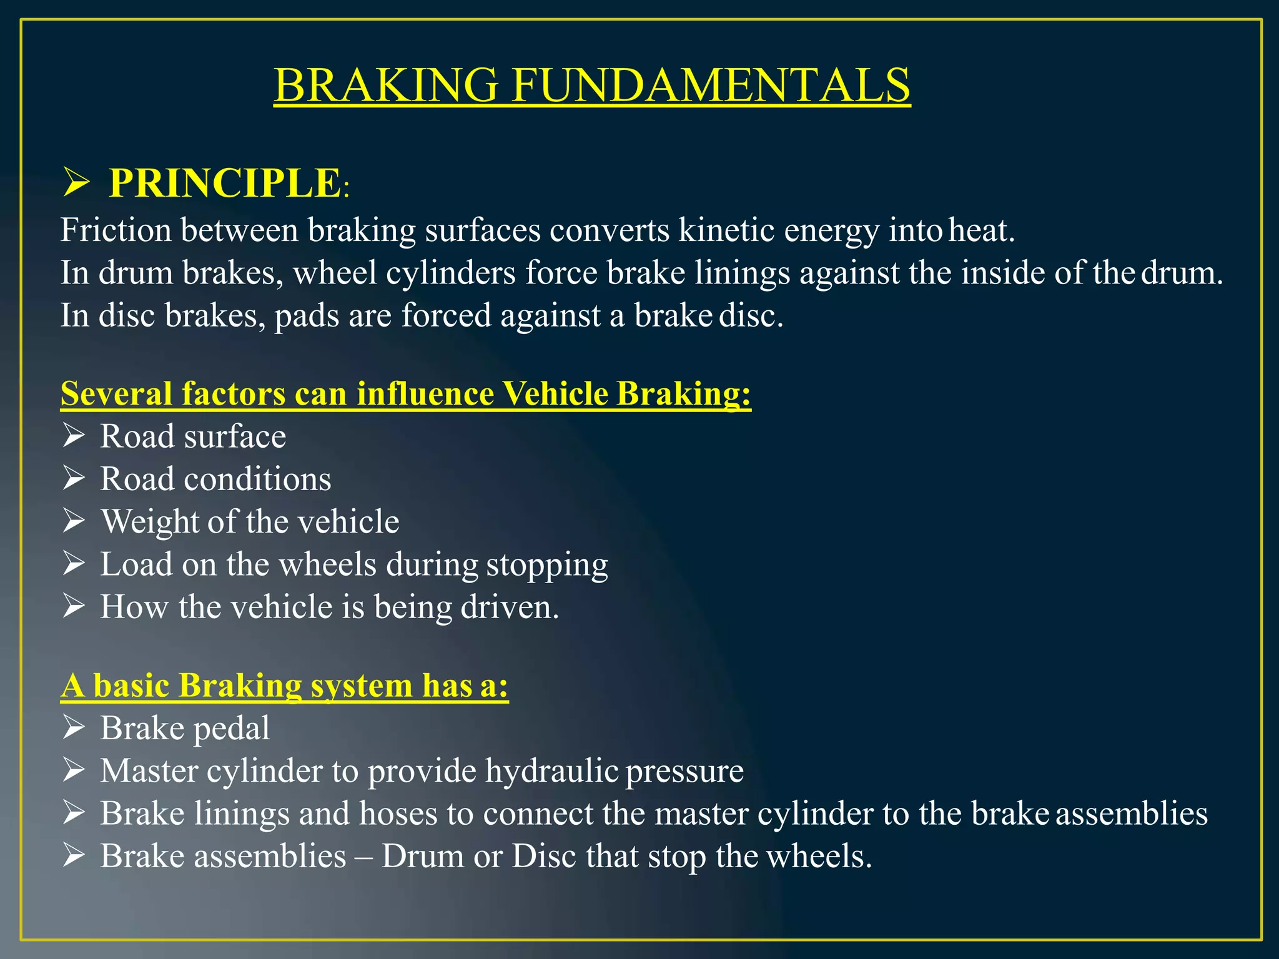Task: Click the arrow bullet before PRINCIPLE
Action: click(x=76, y=184)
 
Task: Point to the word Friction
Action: click(x=116, y=230)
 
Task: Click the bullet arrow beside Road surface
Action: click(x=74, y=435)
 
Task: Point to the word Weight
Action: click(x=149, y=522)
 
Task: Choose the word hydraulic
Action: click(x=551, y=771)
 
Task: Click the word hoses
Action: click(x=398, y=814)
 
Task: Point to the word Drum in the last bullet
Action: click(x=423, y=856)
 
